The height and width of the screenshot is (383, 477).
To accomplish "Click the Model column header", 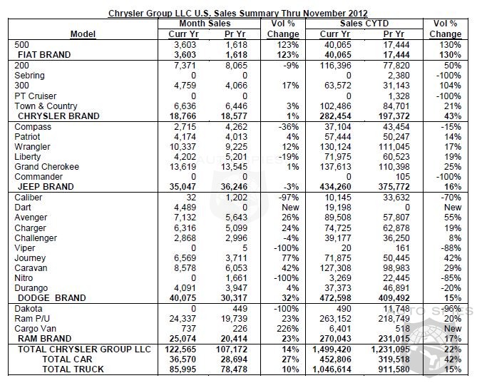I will click(x=85, y=34).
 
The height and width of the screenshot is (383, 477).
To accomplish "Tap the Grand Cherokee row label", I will click(x=48, y=166).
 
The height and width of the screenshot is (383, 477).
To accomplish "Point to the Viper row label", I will click(x=25, y=247).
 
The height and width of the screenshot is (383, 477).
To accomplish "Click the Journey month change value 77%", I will click(x=272, y=257).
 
